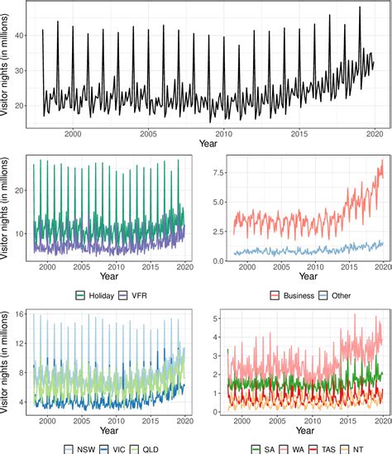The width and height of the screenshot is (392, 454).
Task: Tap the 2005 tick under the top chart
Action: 148,133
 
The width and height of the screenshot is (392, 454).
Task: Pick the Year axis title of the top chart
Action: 208,144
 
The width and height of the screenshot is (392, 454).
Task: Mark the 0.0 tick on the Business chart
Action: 217,261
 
